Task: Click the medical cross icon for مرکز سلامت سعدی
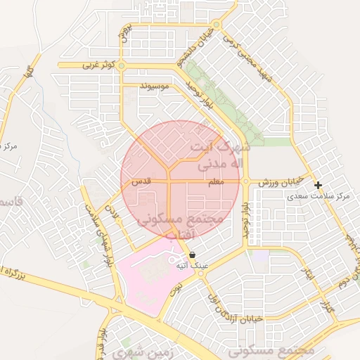(x=319, y=186)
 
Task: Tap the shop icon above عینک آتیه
(x=192, y=256)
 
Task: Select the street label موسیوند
(x=155, y=86)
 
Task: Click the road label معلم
(x=217, y=182)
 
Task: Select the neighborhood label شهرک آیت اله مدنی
(x=217, y=156)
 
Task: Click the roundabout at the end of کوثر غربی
(x=122, y=65)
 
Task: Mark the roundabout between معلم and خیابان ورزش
(x=245, y=181)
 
